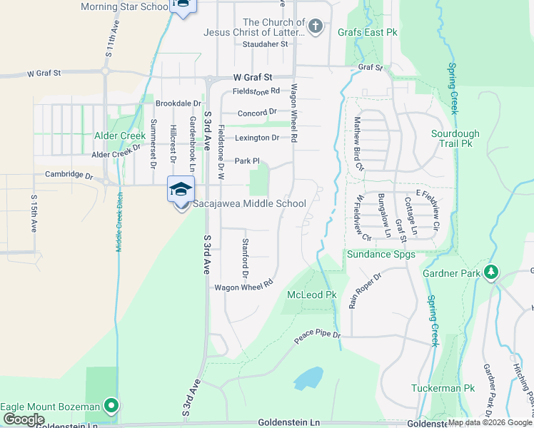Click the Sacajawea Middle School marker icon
(181, 190)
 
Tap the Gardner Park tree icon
(491, 272)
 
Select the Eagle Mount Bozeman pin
(111, 407)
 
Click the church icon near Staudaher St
(316, 27)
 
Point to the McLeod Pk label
(311, 295)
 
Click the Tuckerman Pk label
(443, 389)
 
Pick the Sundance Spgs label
(376, 254)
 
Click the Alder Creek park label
(120, 136)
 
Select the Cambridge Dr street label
(69, 175)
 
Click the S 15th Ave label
(33, 213)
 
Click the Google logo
(24, 419)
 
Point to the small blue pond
(308, 378)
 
